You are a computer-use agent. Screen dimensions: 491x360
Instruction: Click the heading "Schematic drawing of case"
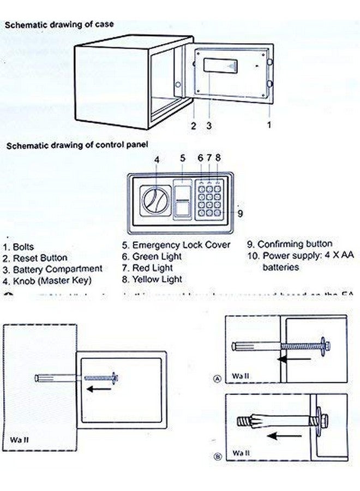[59, 25]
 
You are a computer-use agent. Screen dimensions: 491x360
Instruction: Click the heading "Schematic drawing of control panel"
[77, 145]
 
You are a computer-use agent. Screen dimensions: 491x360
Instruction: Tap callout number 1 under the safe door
[268, 125]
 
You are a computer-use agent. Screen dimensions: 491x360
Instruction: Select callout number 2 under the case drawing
[193, 125]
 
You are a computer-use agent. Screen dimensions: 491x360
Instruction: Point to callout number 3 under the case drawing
[208, 125]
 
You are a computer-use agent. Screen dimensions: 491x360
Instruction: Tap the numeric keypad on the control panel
[210, 200]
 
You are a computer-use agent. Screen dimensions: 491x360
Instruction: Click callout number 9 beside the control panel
[240, 213]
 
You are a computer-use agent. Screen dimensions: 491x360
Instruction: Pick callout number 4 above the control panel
[157, 159]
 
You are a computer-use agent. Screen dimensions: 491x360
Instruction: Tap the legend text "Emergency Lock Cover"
[181, 245]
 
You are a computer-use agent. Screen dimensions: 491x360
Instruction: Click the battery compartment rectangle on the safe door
[221, 67]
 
